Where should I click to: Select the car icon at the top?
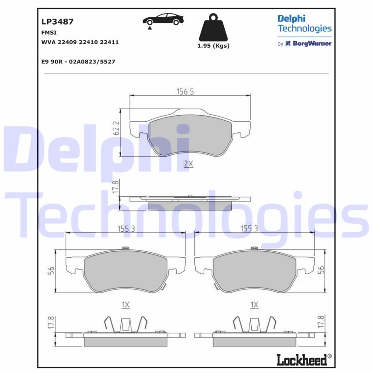pos(163,20)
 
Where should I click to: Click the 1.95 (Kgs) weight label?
pos(214,46)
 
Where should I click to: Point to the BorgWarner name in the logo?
pos(312,43)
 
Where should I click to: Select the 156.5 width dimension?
pos(185,92)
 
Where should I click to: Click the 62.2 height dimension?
pos(117,128)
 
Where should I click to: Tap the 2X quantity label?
pos(188,164)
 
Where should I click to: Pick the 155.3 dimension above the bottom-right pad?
pos(249,228)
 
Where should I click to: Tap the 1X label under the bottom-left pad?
pos(125,305)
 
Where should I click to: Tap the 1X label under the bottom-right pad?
pos(254,305)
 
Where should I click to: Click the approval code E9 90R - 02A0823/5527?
pos(78,62)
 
